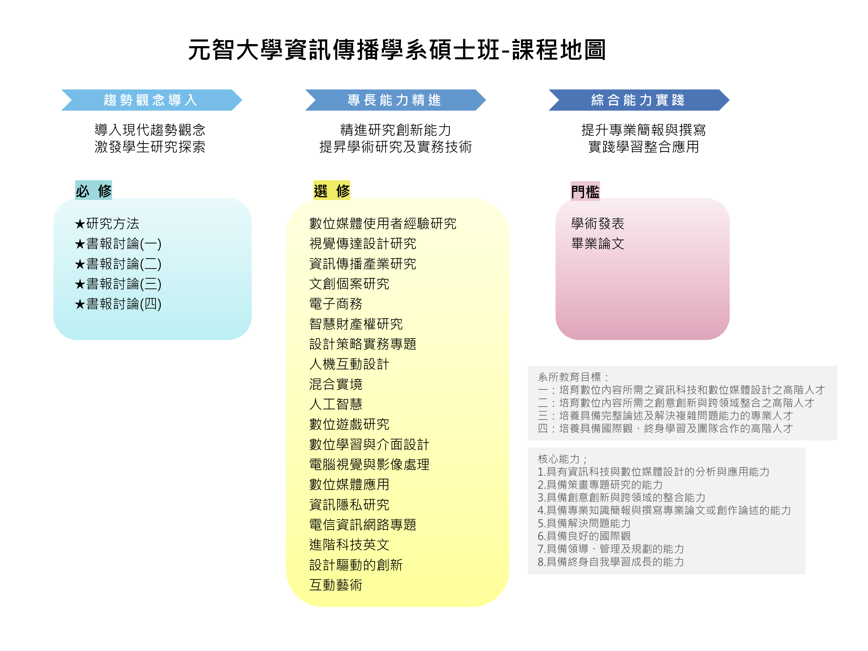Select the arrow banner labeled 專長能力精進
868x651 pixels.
[395, 100]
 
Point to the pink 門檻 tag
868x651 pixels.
[585, 191]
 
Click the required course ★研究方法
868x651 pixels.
[107, 224]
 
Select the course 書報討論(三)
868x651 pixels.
[118, 284]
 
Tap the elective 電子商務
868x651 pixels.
[336, 304]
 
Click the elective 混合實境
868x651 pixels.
[336, 384]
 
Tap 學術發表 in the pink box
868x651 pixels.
[598, 224]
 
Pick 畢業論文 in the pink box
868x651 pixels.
[598, 244]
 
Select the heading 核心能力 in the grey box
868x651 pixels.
[558, 459]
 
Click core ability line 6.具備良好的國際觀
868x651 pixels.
[584, 536]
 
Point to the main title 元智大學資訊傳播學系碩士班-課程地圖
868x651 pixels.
[397, 50]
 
